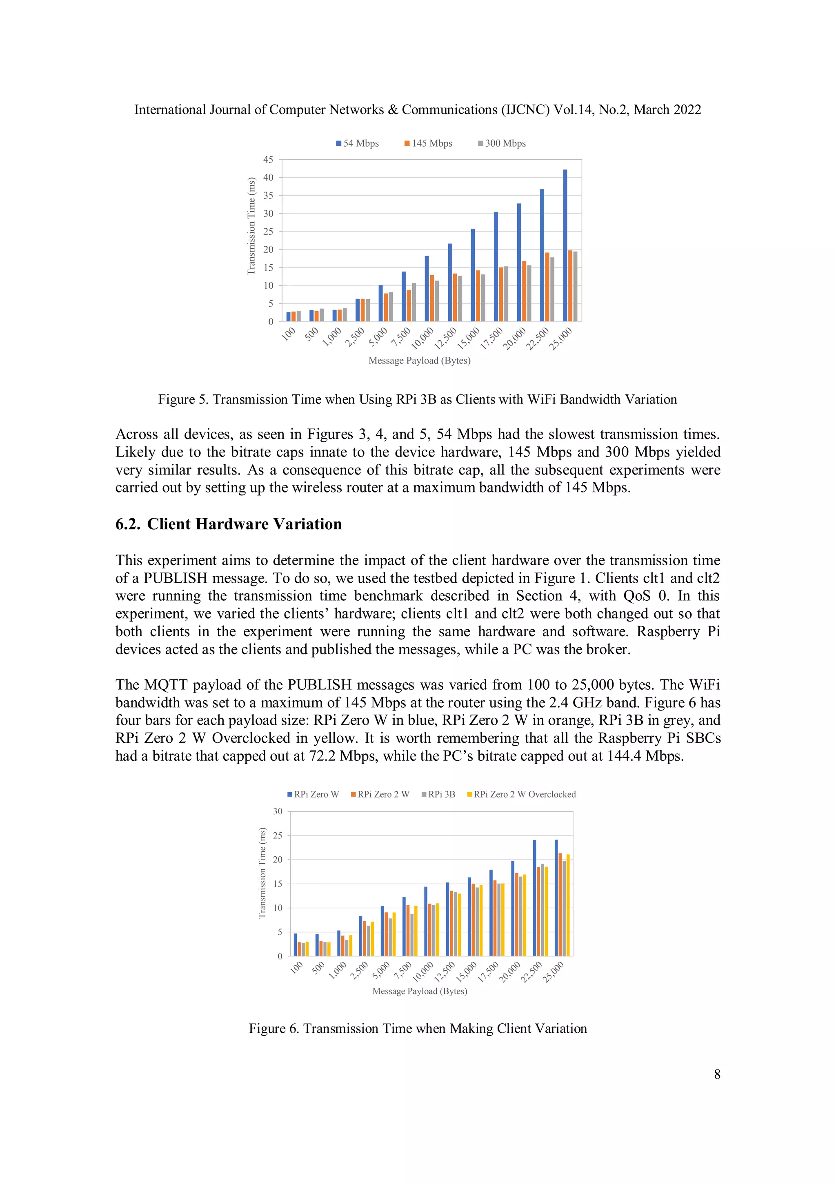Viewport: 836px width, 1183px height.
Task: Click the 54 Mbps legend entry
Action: (358, 143)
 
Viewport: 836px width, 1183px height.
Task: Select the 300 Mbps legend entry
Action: (502, 143)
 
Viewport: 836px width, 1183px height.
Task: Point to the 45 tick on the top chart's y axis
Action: (268, 160)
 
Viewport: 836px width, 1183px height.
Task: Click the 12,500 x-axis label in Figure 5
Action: (445, 339)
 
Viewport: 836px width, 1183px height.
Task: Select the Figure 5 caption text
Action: (417, 399)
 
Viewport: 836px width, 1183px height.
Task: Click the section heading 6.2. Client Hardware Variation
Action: (228, 524)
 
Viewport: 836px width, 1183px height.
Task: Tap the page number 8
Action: (717, 1074)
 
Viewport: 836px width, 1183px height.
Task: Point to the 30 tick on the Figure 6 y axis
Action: (278, 811)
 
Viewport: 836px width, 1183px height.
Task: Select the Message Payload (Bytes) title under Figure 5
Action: (419, 361)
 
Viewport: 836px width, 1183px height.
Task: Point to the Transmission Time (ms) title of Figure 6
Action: (262, 873)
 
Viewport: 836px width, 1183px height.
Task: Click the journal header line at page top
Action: (417, 110)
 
